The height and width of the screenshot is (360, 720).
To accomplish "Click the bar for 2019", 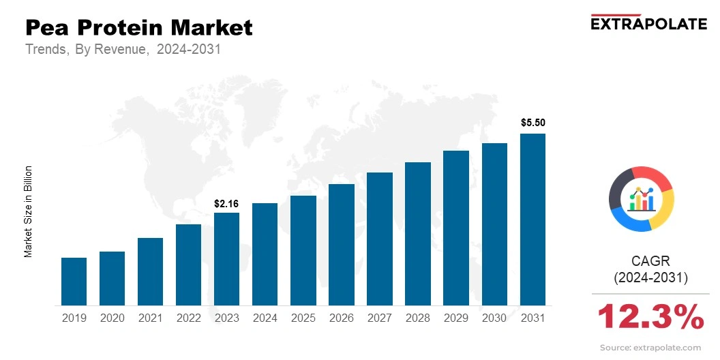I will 74,282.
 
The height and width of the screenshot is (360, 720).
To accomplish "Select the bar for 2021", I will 150,271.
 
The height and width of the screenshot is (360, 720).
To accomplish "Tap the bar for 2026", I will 341,245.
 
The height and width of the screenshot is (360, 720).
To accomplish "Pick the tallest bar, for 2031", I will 532,220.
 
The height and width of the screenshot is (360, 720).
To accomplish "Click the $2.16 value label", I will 226,203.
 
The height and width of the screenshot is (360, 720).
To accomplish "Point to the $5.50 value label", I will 532,123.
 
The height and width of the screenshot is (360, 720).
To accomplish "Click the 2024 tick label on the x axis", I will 265,318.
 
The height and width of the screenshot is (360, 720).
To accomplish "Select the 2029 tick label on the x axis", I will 456,318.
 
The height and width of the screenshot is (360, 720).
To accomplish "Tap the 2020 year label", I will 112,318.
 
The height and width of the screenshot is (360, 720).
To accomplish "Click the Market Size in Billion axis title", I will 29,211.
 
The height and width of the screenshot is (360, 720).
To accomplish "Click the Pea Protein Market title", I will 139,28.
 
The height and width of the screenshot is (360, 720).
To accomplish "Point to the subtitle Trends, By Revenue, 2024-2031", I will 123,50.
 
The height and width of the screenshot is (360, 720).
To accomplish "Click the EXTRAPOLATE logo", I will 648,23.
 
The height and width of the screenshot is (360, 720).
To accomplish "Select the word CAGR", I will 651,261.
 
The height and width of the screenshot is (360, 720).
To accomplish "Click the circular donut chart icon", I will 642,198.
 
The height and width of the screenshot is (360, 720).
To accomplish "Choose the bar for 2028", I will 417,234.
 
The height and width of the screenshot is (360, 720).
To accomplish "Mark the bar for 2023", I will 226,259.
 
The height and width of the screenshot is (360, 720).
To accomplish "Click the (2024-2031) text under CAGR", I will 651,278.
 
